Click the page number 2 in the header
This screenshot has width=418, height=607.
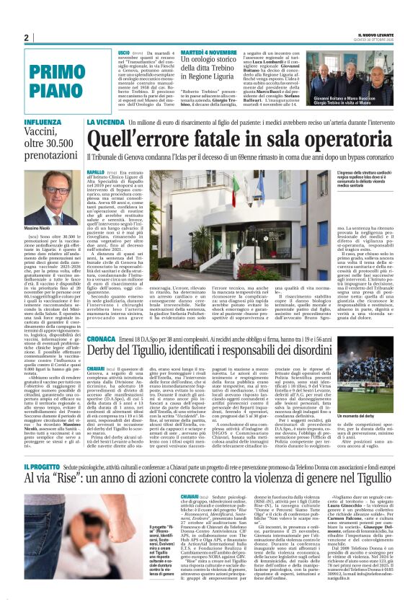pos(25,37)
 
